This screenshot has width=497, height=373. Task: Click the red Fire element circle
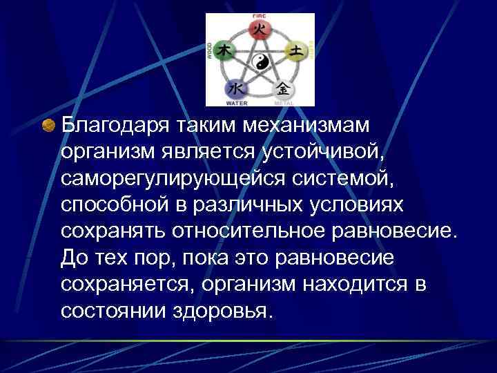coord(260,29)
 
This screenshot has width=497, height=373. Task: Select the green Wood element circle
coord(224,50)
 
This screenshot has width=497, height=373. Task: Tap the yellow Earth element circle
coord(296,50)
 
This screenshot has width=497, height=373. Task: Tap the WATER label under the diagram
coord(237,104)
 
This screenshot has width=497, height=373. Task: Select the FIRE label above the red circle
coord(260,15)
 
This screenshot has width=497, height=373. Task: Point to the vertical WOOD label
coord(210,50)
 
